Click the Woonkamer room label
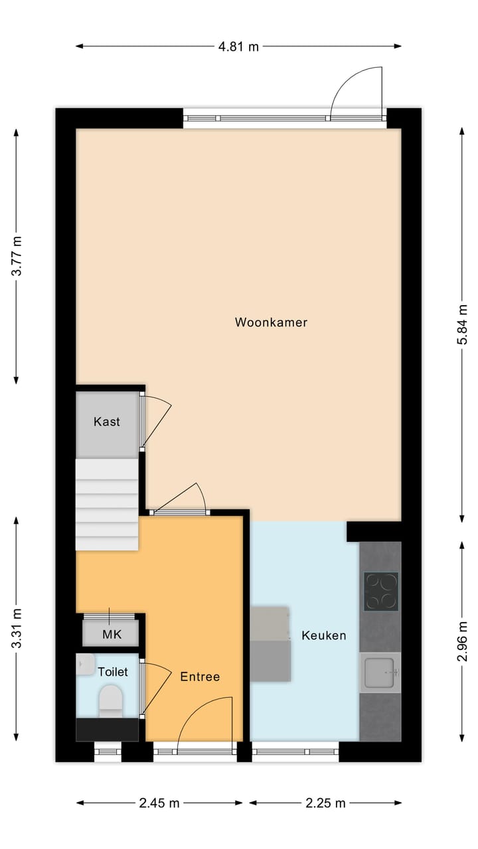pyautogui.click(x=271, y=322)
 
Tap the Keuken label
pyautogui.click(x=324, y=635)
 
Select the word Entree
pyautogui.click(x=200, y=677)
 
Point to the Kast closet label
pyautogui.click(x=107, y=421)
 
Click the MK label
pyautogui.click(x=112, y=635)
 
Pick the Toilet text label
pyautogui.click(x=112, y=672)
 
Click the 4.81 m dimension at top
pyautogui.click(x=239, y=46)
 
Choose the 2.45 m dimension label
pyautogui.click(x=159, y=803)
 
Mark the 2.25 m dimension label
pyautogui.click(x=325, y=803)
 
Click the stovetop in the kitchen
pyautogui.click(x=380, y=592)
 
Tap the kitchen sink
pyautogui.click(x=380, y=672)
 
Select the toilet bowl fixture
pyautogui.click(x=110, y=700)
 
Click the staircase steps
pyautogui.click(x=106, y=504)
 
